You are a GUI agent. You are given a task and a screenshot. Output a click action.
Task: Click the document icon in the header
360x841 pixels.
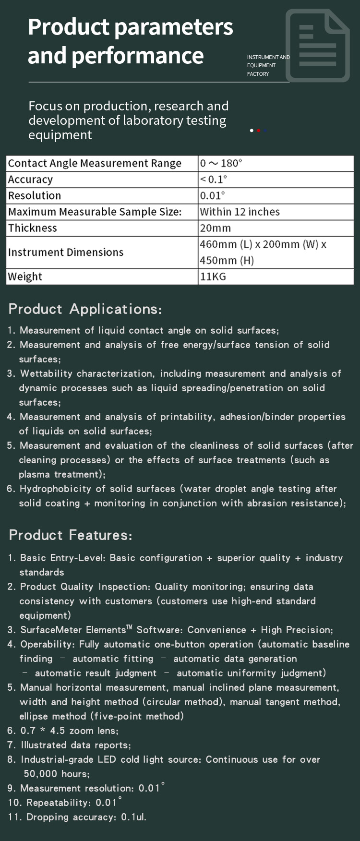click(x=317, y=46)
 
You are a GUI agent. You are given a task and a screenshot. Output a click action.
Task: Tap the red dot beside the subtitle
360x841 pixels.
click(x=259, y=131)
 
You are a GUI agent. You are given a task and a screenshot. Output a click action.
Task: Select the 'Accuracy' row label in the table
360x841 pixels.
click(x=30, y=180)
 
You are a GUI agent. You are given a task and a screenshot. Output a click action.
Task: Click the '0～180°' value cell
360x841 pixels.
click(x=221, y=163)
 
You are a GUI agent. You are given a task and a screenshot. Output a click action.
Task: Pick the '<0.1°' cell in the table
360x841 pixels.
click(x=214, y=180)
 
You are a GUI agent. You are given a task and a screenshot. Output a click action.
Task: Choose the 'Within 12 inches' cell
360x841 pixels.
click(x=240, y=212)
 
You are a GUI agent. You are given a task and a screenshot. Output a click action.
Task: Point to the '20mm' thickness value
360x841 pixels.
click(x=216, y=228)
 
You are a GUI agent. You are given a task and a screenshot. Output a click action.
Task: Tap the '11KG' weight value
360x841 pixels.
click(x=213, y=276)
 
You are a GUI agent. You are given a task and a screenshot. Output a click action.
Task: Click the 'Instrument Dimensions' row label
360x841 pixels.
click(x=66, y=252)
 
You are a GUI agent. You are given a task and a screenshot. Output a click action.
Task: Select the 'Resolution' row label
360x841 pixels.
click(x=35, y=196)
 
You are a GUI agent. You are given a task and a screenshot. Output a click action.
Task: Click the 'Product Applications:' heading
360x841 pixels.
click(x=85, y=309)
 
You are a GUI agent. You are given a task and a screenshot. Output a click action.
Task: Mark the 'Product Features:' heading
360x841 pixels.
click(x=70, y=535)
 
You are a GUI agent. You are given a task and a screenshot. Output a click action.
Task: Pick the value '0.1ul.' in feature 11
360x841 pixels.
click(x=133, y=817)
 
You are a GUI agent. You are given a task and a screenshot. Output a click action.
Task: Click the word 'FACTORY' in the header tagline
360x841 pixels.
click(x=258, y=74)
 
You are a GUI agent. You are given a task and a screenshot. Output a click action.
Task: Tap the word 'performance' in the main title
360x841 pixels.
click(x=138, y=55)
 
